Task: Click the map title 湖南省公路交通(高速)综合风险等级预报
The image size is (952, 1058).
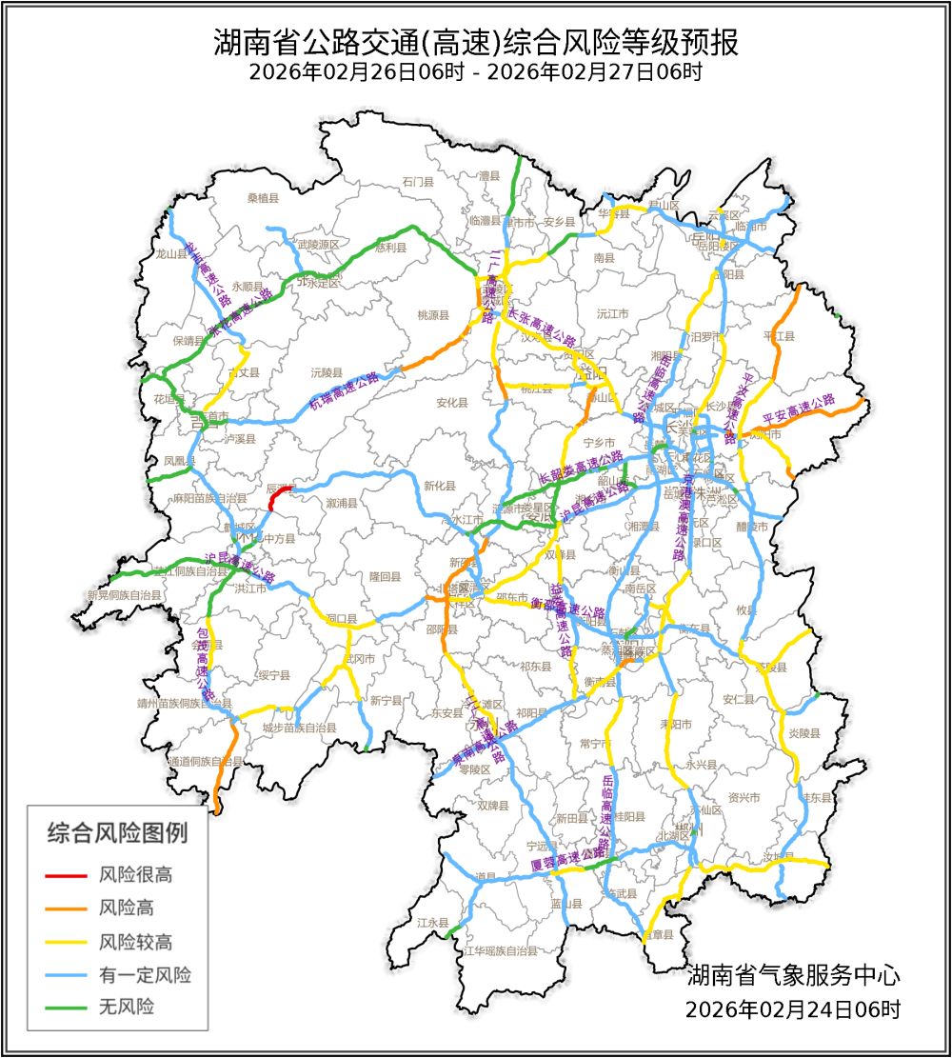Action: [x=475, y=43]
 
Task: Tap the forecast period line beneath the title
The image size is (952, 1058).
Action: [x=475, y=72]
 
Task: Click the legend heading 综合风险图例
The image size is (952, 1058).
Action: [x=118, y=833]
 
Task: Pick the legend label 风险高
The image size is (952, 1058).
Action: [x=127, y=908]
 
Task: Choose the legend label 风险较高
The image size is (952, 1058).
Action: [x=135, y=943]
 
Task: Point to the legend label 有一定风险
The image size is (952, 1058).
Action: [x=145, y=975]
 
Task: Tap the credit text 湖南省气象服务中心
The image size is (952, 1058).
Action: [x=793, y=975]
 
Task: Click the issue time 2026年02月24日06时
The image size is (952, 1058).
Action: [x=793, y=1008]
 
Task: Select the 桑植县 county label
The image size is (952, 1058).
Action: [x=263, y=198]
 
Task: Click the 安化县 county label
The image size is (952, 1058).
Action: [x=452, y=403]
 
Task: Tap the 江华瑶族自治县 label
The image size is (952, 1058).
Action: [x=500, y=950]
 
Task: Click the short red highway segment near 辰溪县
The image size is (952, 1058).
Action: [x=276, y=496]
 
